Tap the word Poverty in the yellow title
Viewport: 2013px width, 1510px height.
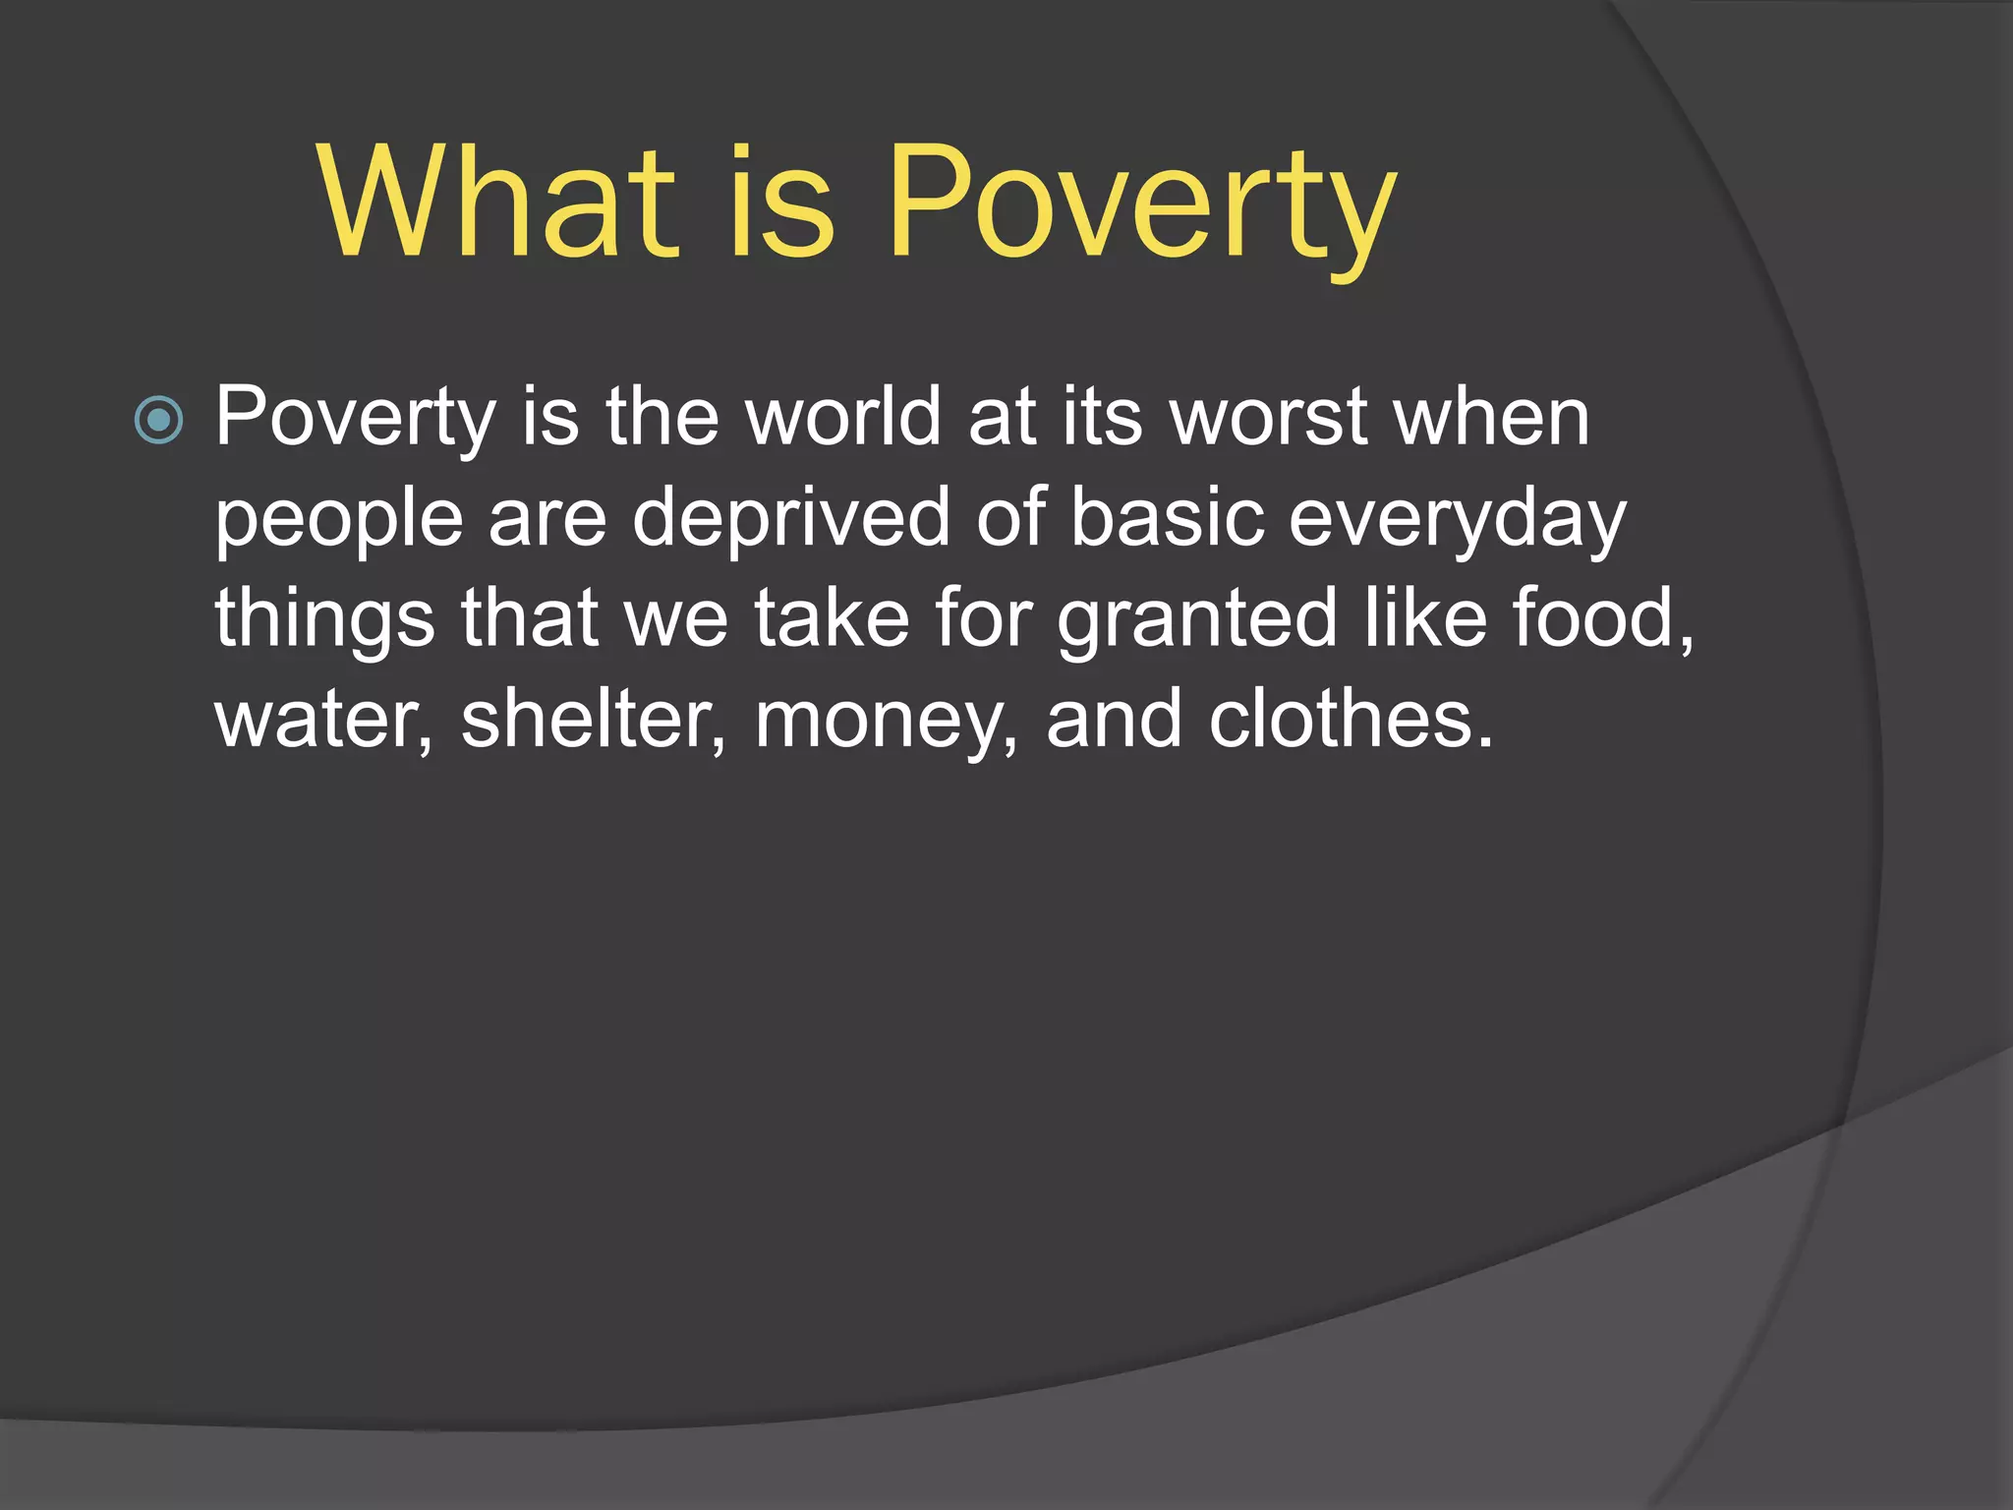1141,206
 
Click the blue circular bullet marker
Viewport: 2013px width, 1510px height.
158,421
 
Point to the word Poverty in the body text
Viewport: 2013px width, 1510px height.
355,418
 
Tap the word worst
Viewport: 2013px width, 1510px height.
1270,418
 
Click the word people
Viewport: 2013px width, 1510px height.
338,521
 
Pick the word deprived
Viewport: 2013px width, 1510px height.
790,521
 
